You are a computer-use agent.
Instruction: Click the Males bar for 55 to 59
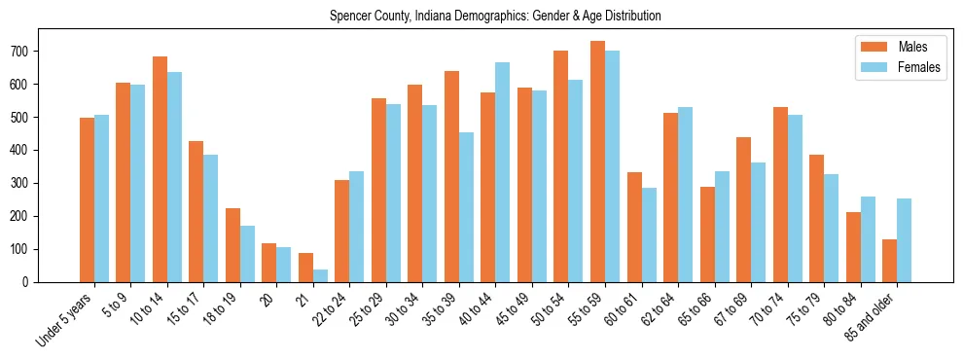pos(597,162)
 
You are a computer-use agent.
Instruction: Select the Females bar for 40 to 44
pos(503,172)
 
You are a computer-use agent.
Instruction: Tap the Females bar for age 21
pos(321,275)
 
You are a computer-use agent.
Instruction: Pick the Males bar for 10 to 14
pos(160,169)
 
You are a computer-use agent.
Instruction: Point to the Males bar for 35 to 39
pos(451,176)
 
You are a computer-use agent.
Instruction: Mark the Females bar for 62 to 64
pos(686,195)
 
